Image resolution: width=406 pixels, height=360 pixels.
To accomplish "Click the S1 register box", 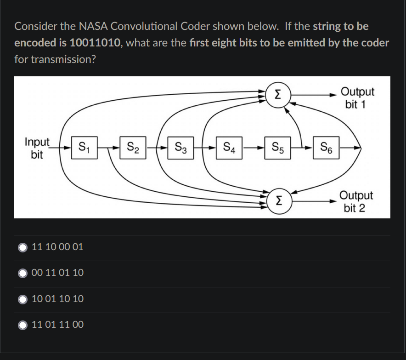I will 84,148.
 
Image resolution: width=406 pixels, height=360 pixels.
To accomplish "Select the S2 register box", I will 133,148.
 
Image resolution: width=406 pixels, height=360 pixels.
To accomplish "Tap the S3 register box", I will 180,148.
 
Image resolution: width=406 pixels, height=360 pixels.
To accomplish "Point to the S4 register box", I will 229,148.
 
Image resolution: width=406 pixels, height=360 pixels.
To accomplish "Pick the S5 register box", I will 278,148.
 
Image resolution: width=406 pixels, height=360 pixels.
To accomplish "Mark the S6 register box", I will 326,148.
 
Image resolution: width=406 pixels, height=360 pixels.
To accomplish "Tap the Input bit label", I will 37,148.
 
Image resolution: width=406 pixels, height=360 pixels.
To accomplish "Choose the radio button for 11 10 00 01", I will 23,247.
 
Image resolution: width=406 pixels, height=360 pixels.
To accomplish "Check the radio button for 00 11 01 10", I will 23,273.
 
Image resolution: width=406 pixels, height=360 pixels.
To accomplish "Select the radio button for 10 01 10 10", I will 23,299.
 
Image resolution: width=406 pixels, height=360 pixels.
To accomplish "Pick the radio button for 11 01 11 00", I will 23,325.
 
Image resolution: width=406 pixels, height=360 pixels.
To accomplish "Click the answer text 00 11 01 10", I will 58,273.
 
